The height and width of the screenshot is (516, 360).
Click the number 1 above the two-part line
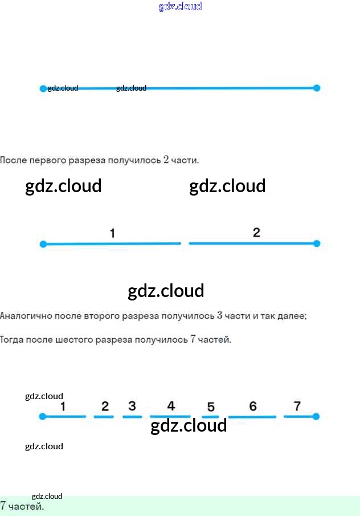click(x=112, y=233)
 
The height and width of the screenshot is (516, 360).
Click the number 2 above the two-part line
click(x=256, y=232)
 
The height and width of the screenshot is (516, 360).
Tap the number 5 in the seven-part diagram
click(x=211, y=407)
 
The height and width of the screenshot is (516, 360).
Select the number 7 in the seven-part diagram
click(x=297, y=406)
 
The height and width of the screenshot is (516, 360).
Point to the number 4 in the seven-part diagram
click(x=171, y=406)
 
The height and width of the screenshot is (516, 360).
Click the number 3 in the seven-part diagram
click(x=132, y=406)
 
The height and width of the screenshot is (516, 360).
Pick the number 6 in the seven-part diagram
click(x=253, y=406)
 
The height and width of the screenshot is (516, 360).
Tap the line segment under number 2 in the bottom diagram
click(x=104, y=417)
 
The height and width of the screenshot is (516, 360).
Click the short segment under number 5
click(x=210, y=417)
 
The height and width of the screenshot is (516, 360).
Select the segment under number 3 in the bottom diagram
click(x=132, y=417)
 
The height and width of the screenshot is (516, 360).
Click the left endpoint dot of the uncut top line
click(x=43, y=88)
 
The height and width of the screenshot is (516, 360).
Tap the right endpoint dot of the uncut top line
click(x=317, y=88)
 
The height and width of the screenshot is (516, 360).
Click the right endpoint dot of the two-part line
click(x=317, y=243)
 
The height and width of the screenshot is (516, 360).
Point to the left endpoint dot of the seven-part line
click(x=42, y=417)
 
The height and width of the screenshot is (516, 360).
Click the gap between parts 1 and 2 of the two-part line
click(x=185, y=243)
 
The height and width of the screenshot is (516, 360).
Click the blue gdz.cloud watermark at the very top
click(x=180, y=7)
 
